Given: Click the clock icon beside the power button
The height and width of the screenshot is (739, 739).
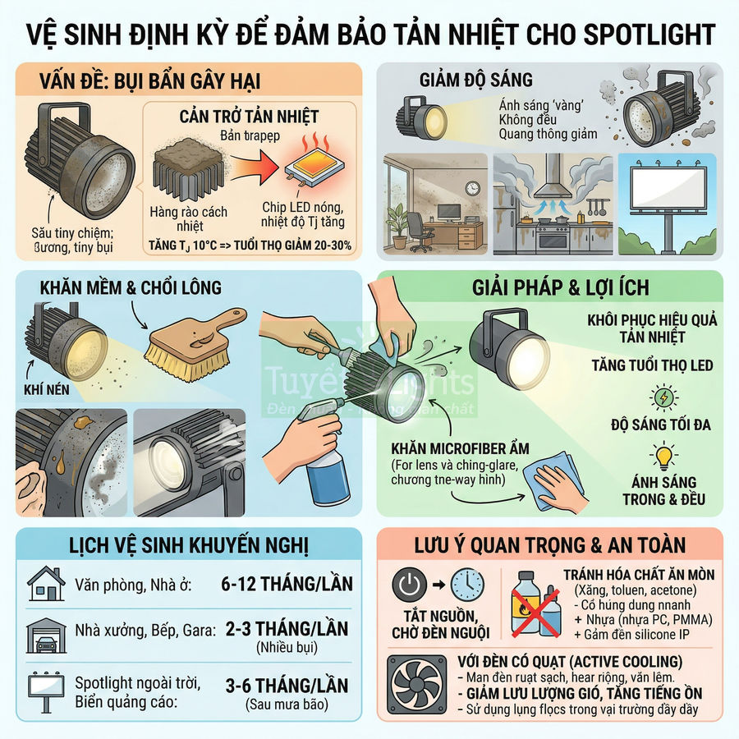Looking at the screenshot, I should [467, 585].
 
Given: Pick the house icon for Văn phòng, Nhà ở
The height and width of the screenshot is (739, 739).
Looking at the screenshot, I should [46, 584].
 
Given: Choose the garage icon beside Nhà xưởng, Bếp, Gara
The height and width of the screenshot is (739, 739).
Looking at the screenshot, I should [46, 634].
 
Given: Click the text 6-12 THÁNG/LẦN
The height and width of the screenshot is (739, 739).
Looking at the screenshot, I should [287, 585].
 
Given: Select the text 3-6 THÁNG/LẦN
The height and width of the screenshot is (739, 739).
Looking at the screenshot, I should [286, 685].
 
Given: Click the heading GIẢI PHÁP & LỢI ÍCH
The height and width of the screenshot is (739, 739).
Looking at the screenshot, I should [561, 287].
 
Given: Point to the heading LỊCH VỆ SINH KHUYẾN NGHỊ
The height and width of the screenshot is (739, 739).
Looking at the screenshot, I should [188, 545].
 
